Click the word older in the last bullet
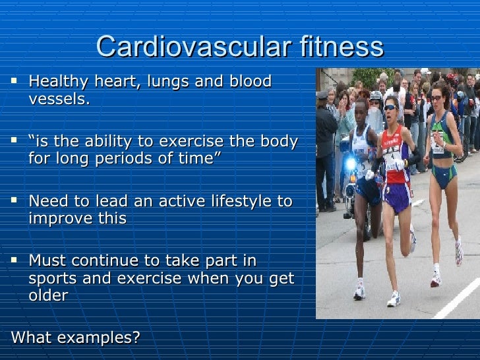(47, 296)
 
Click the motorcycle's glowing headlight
(349, 163)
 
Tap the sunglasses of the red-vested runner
(390, 107)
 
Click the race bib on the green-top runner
(437, 143)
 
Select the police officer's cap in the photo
(322, 96)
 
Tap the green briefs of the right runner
(441, 178)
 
